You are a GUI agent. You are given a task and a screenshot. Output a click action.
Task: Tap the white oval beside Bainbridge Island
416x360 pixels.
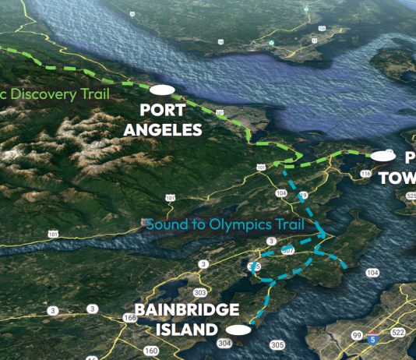tap(239, 330)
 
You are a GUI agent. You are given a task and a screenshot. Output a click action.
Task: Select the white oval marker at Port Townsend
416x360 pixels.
tap(382, 157)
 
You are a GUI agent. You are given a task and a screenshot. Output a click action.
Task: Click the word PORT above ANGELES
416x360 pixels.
tap(162, 111)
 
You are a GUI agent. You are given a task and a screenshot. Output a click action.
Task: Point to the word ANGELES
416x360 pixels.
tap(162, 129)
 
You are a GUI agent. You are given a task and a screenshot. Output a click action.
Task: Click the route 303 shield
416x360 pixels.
tap(200, 293)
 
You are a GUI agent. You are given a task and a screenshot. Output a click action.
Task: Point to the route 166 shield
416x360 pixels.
tap(129, 318)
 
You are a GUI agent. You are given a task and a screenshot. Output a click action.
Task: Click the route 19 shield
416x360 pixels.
tap(304, 194)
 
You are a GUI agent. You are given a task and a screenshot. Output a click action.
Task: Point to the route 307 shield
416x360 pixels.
tap(287, 251)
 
